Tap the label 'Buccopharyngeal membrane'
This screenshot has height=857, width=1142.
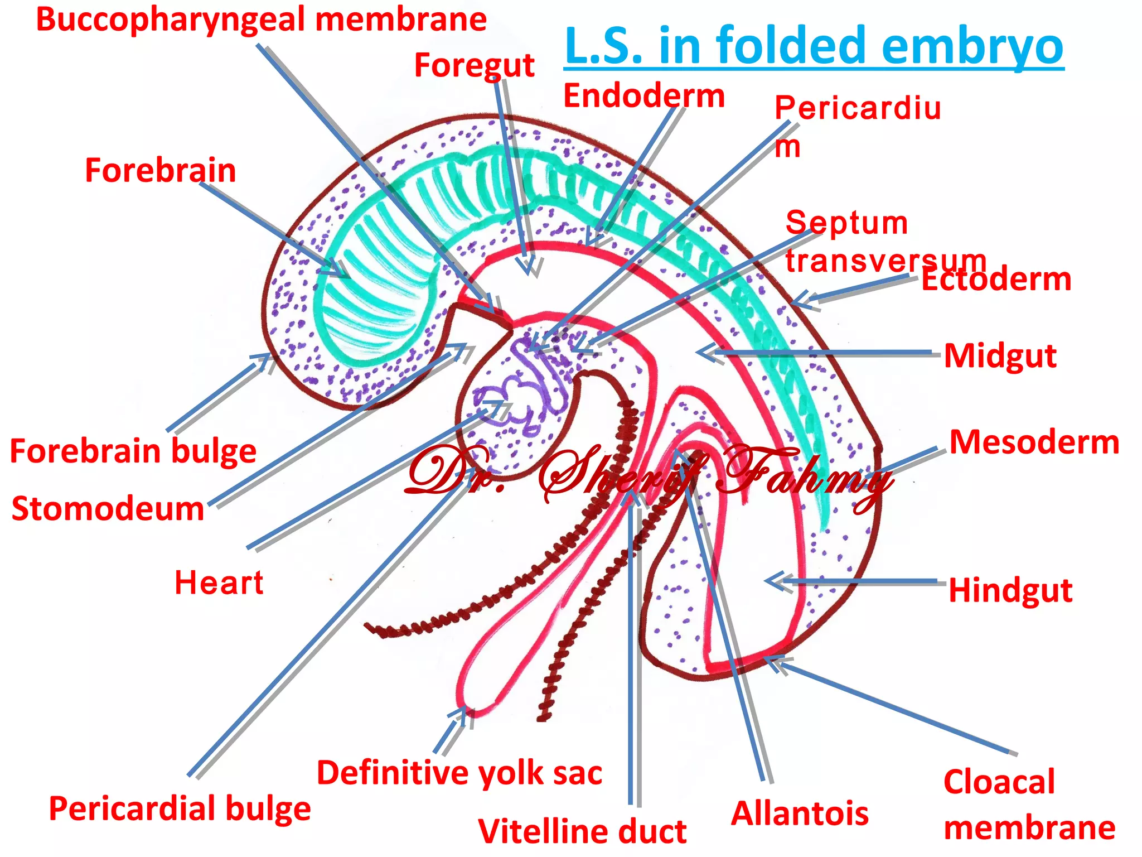tap(261, 20)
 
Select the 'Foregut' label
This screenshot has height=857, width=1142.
tap(474, 65)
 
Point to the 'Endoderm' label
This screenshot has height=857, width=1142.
tap(644, 96)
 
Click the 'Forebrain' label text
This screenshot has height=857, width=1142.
tap(161, 170)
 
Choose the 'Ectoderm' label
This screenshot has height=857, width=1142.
tap(996, 280)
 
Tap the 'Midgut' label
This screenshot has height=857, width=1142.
tap(1000, 356)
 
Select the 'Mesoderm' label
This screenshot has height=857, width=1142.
tap(1034, 442)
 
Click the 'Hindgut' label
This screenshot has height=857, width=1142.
tap(1010, 590)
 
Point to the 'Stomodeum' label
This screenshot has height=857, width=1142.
tap(108, 509)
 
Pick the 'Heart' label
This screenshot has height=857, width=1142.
tap(219, 583)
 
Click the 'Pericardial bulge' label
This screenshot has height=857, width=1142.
tap(180, 808)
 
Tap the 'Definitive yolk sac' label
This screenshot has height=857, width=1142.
tap(459, 773)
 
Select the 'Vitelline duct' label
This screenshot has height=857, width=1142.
tap(582, 831)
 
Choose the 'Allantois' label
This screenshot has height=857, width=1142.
tap(800, 813)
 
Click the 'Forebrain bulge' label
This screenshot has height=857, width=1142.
tap(133, 451)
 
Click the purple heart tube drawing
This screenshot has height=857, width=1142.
tap(519, 396)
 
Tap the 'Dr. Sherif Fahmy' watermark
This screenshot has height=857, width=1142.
tap(647, 474)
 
